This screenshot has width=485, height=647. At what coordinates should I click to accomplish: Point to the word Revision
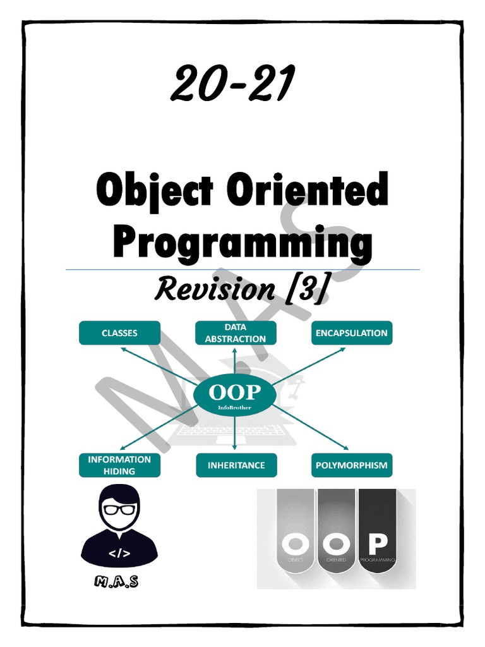214,289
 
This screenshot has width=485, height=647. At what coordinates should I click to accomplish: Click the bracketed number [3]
306,289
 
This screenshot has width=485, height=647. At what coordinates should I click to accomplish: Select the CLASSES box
119,333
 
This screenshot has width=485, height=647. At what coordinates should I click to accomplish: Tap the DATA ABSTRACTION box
236,333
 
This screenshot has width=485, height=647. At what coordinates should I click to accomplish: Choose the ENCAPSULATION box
352,333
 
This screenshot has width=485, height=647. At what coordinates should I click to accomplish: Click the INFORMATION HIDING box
119,465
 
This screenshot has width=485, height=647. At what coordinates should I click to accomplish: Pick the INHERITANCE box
236,465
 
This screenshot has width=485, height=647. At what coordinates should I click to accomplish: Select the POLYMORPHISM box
352,466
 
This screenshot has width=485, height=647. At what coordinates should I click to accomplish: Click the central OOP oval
236,395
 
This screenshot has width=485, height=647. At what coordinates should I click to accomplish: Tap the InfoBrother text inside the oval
236,408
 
